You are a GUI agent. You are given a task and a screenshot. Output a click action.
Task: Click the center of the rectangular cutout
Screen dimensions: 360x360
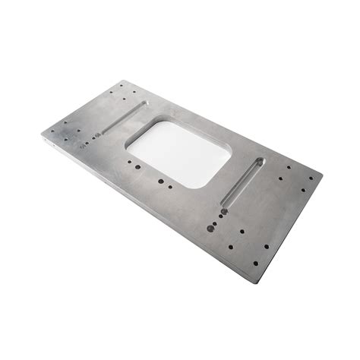pos(179,153)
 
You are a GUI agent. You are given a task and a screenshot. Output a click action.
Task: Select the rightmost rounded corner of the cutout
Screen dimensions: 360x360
pos(230,156)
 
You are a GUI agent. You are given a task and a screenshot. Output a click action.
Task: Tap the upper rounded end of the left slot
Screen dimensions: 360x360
pos(143,104)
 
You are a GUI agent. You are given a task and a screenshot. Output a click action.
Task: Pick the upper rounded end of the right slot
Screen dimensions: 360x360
pos(260,161)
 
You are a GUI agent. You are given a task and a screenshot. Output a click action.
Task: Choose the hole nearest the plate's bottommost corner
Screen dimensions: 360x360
pos(255,263)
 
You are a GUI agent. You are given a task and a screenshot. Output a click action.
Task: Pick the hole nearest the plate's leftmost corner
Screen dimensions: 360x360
pos(53,131)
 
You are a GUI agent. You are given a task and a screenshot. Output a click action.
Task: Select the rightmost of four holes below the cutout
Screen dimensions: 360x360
pos(172,185)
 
